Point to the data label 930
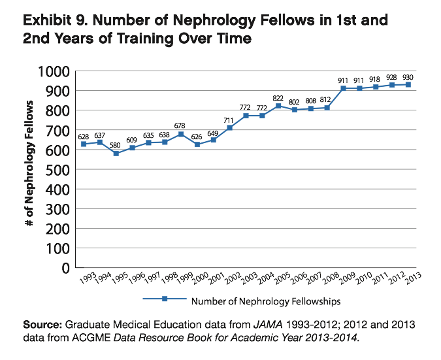point(408,76)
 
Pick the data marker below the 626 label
point(197,144)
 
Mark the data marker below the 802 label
point(294,110)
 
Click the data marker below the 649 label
point(213,140)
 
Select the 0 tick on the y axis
point(65,268)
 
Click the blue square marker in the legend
point(165,300)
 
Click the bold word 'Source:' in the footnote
point(41,324)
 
